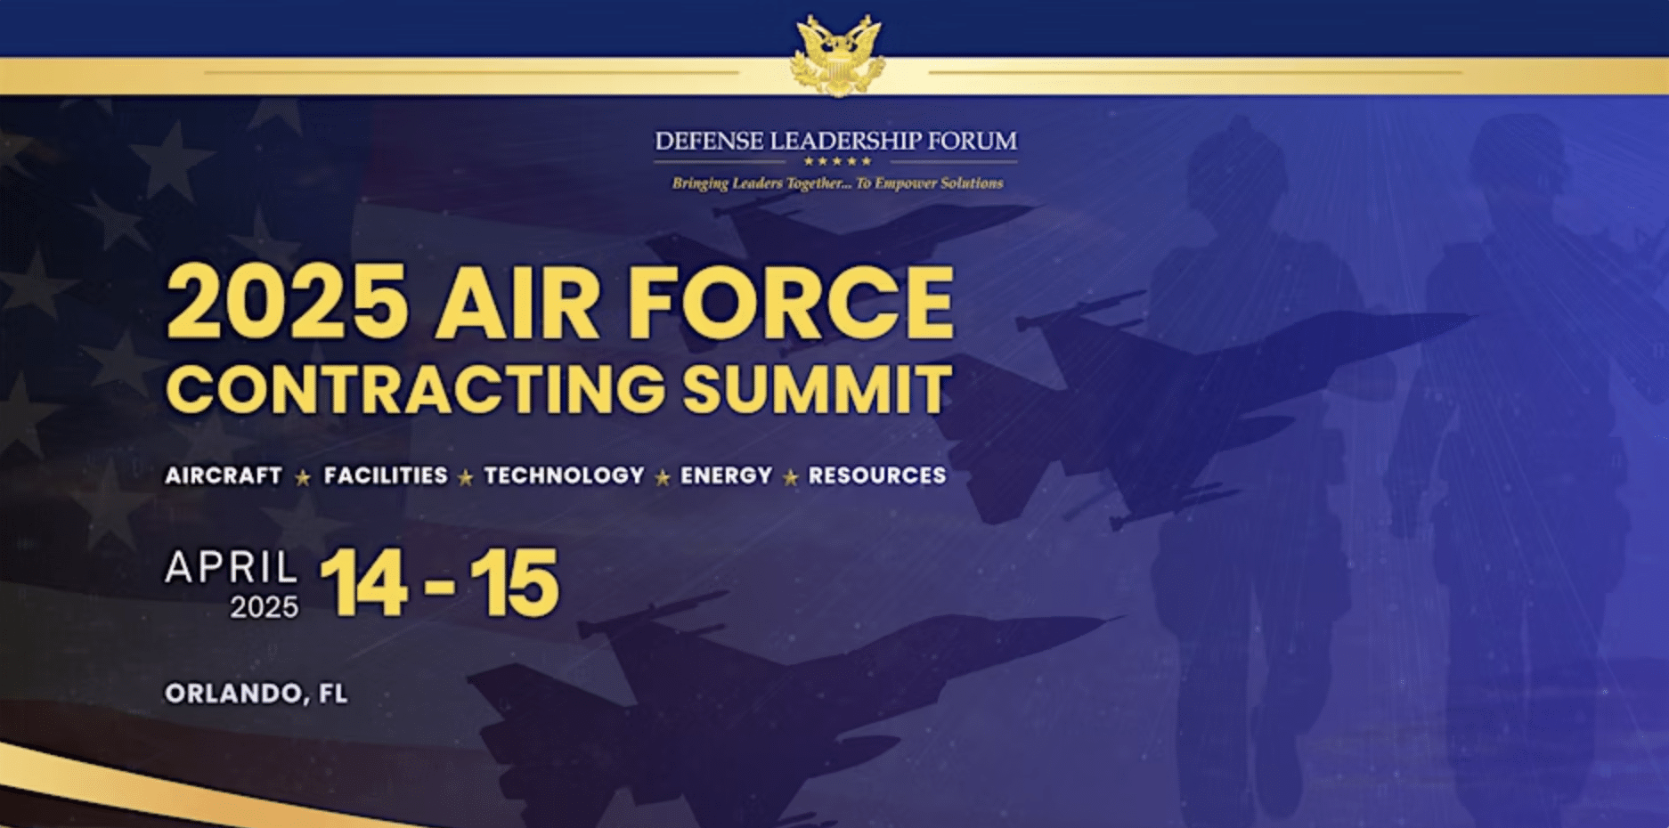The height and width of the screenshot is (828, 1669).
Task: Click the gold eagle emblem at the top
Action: (837, 55)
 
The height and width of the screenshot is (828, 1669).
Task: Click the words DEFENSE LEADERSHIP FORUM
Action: (835, 141)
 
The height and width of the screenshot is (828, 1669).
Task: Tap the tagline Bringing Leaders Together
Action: (837, 183)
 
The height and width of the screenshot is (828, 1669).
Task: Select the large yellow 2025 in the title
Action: (288, 302)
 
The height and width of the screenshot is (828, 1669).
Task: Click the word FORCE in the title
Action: (791, 302)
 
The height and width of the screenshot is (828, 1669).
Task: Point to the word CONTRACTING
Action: (416, 389)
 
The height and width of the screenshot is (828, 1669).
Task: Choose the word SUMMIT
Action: (818, 389)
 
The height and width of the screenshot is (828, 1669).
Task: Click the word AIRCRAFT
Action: (224, 475)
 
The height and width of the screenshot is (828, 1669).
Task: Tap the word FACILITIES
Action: (386, 475)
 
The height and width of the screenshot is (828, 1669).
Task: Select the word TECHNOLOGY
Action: (564, 475)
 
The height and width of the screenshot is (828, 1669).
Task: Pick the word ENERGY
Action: (726, 475)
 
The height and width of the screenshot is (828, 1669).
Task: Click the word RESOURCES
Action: (877, 475)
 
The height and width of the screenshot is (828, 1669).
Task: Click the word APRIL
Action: (232, 567)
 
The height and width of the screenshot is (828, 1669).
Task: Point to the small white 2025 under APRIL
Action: (265, 607)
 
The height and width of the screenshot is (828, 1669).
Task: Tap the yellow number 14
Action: (363, 583)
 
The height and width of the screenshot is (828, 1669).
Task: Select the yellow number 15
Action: (515, 583)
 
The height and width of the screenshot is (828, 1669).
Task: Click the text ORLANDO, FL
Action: (256, 694)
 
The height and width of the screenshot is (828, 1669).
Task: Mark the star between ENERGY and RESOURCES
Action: (791, 478)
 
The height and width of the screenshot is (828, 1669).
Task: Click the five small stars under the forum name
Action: (837, 161)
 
